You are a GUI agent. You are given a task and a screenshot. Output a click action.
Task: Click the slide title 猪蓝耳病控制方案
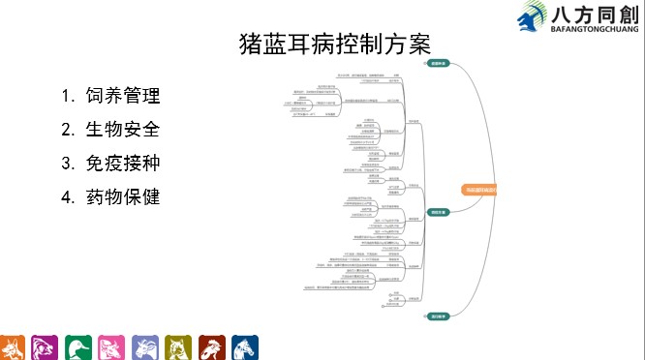click(333, 45)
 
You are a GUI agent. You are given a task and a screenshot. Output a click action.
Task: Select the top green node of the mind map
click(438, 64)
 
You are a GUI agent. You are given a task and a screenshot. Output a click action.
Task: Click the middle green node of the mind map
click(438, 212)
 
